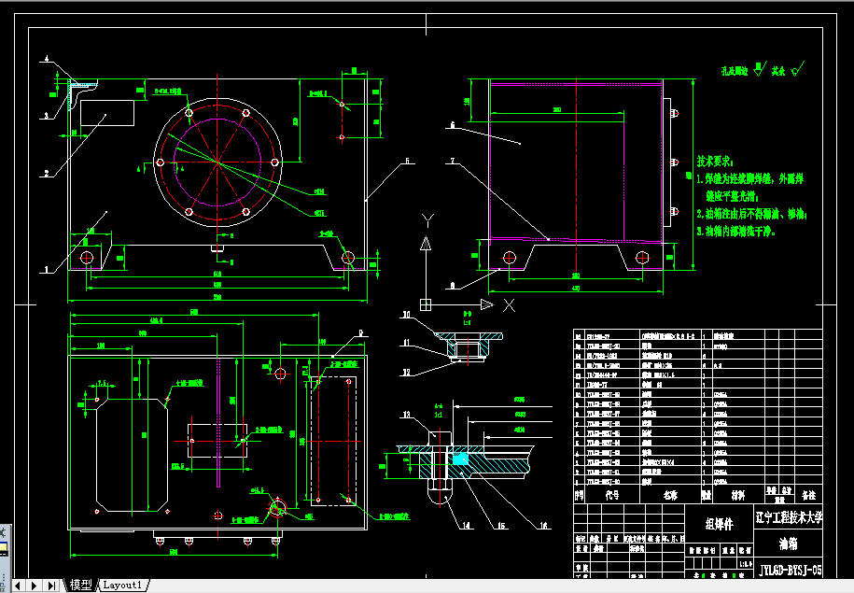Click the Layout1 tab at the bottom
(123, 586)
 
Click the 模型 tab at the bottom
(81, 586)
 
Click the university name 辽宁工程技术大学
(790, 516)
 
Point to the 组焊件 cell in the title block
(720, 524)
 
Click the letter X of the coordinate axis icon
(509, 305)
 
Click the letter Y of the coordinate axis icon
(427, 220)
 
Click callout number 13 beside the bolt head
(407, 414)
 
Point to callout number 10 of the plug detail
(407, 314)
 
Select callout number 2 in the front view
(45, 173)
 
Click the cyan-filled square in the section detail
(460, 459)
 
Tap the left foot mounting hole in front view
(88, 257)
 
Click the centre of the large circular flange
(217, 162)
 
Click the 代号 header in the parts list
(612, 496)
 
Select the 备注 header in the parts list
(808, 496)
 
